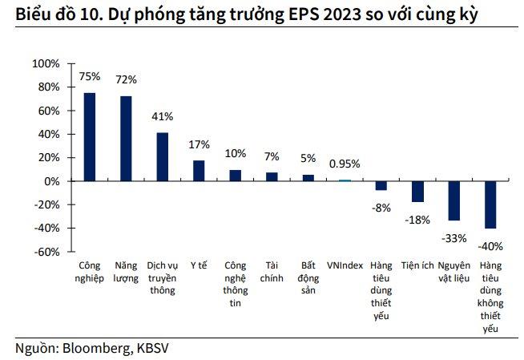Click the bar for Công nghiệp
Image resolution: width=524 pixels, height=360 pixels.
(90, 137)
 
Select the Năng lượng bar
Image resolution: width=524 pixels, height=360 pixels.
(126, 139)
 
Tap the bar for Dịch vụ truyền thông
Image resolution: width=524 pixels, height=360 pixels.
(162, 157)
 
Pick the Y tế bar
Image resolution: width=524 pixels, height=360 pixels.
(199, 171)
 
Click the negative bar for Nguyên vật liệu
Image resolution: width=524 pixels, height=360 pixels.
(453, 200)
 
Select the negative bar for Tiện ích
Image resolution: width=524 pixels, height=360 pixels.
(417, 192)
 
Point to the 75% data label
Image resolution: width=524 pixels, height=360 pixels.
(90, 77)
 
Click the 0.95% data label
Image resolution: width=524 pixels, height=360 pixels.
(345, 164)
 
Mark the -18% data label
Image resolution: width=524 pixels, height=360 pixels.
(417, 219)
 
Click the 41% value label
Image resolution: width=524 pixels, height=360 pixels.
(163, 116)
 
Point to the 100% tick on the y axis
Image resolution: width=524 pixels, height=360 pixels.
(45, 63)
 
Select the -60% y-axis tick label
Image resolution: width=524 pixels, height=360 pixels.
(45, 252)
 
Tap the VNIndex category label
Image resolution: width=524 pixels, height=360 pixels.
(345, 265)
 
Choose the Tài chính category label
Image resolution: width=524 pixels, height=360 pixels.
(272, 271)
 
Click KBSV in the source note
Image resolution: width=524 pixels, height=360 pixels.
(152, 348)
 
